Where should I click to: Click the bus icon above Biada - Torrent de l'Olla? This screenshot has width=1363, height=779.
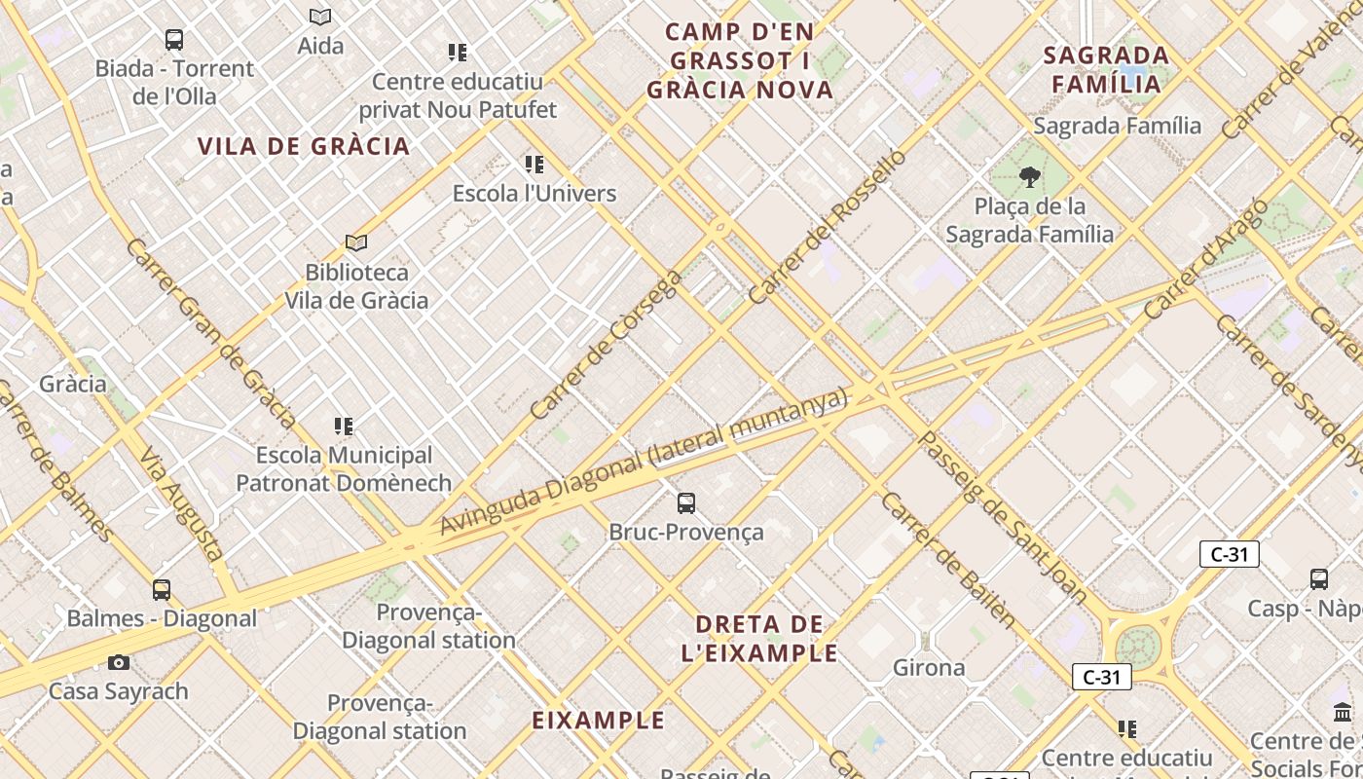click(x=174, y=40)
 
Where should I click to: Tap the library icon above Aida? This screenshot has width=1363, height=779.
click(x=320, y=17)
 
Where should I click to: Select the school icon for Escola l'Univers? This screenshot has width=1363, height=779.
click(x=534, y=164)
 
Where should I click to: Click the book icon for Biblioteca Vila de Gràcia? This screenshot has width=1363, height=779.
click(x=356, y=242)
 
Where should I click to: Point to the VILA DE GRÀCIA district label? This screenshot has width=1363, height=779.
click(x=304, y=147)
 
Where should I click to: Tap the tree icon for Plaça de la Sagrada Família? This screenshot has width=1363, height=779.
click(x=1029, y=177)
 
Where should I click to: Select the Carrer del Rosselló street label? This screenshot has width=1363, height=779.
click(x=828, y=226)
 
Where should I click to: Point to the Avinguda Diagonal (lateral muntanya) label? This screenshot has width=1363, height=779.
click(x=644, y=463)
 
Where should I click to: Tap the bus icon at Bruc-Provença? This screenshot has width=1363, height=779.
click(x=686, y=503)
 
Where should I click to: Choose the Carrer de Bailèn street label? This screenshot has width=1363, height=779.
click(x=947, y=560)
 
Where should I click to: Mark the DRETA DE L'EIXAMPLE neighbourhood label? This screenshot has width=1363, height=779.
click(x=766, y=638)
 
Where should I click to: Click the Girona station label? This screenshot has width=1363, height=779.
click(x=929, y=668)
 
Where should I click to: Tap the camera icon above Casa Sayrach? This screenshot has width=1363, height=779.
click(x=119, y=663)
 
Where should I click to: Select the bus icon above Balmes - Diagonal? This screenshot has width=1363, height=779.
click(x=162, y=590)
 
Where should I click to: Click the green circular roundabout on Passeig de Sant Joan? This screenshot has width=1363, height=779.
click(x=1137, y=645)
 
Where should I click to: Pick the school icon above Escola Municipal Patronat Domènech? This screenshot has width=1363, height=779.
click(x=344, y=427)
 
